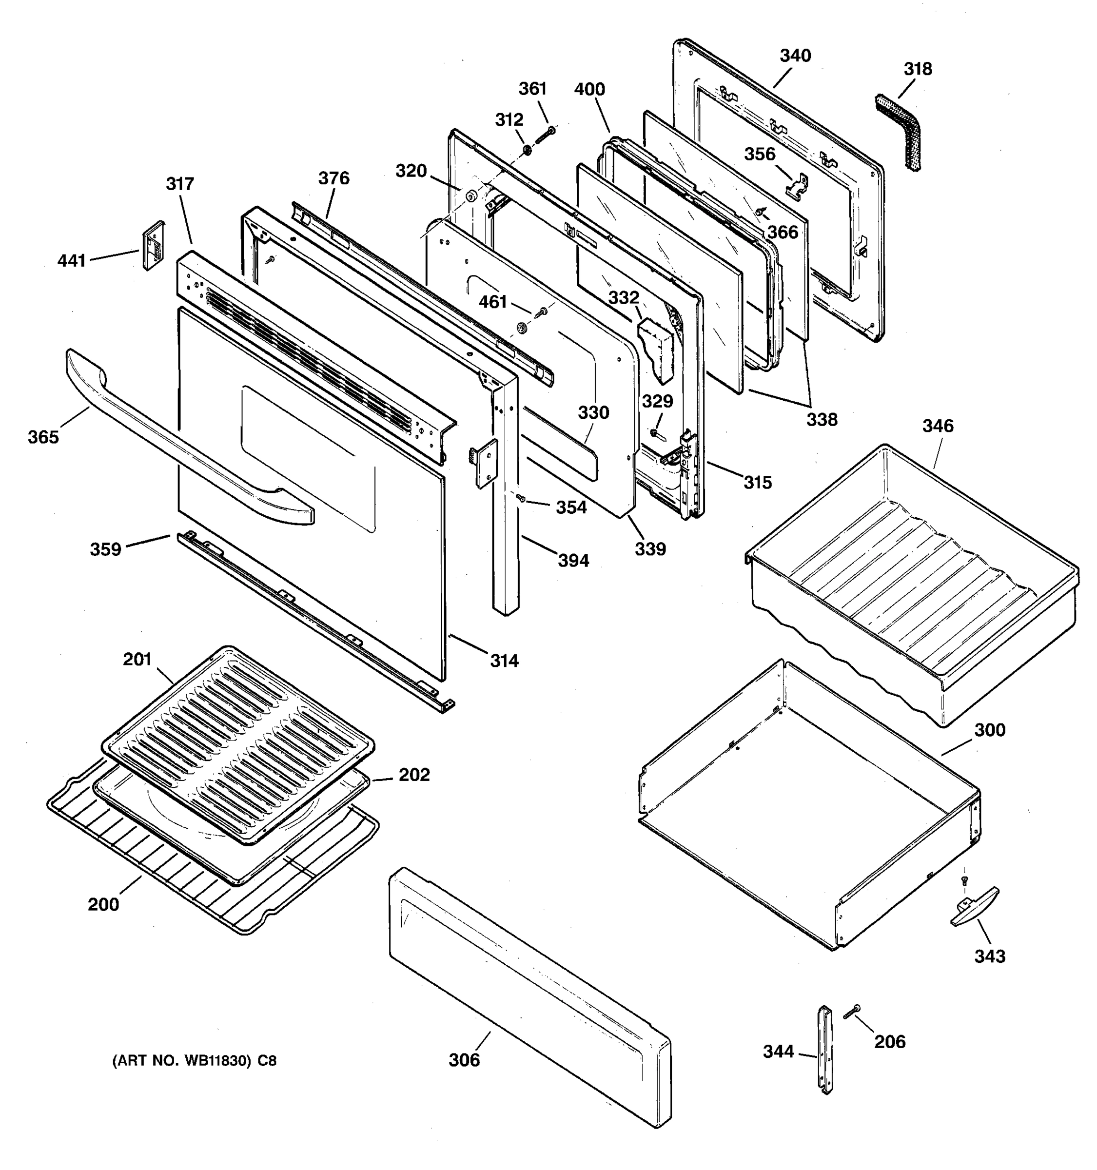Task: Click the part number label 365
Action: [43, 437]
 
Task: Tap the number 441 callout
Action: [72, 260]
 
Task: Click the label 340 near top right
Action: [795, 56]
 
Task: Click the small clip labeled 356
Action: [798, 185]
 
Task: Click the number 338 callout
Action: [822, 420]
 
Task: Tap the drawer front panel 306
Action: [529, 994]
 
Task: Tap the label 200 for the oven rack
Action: [103, 904]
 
